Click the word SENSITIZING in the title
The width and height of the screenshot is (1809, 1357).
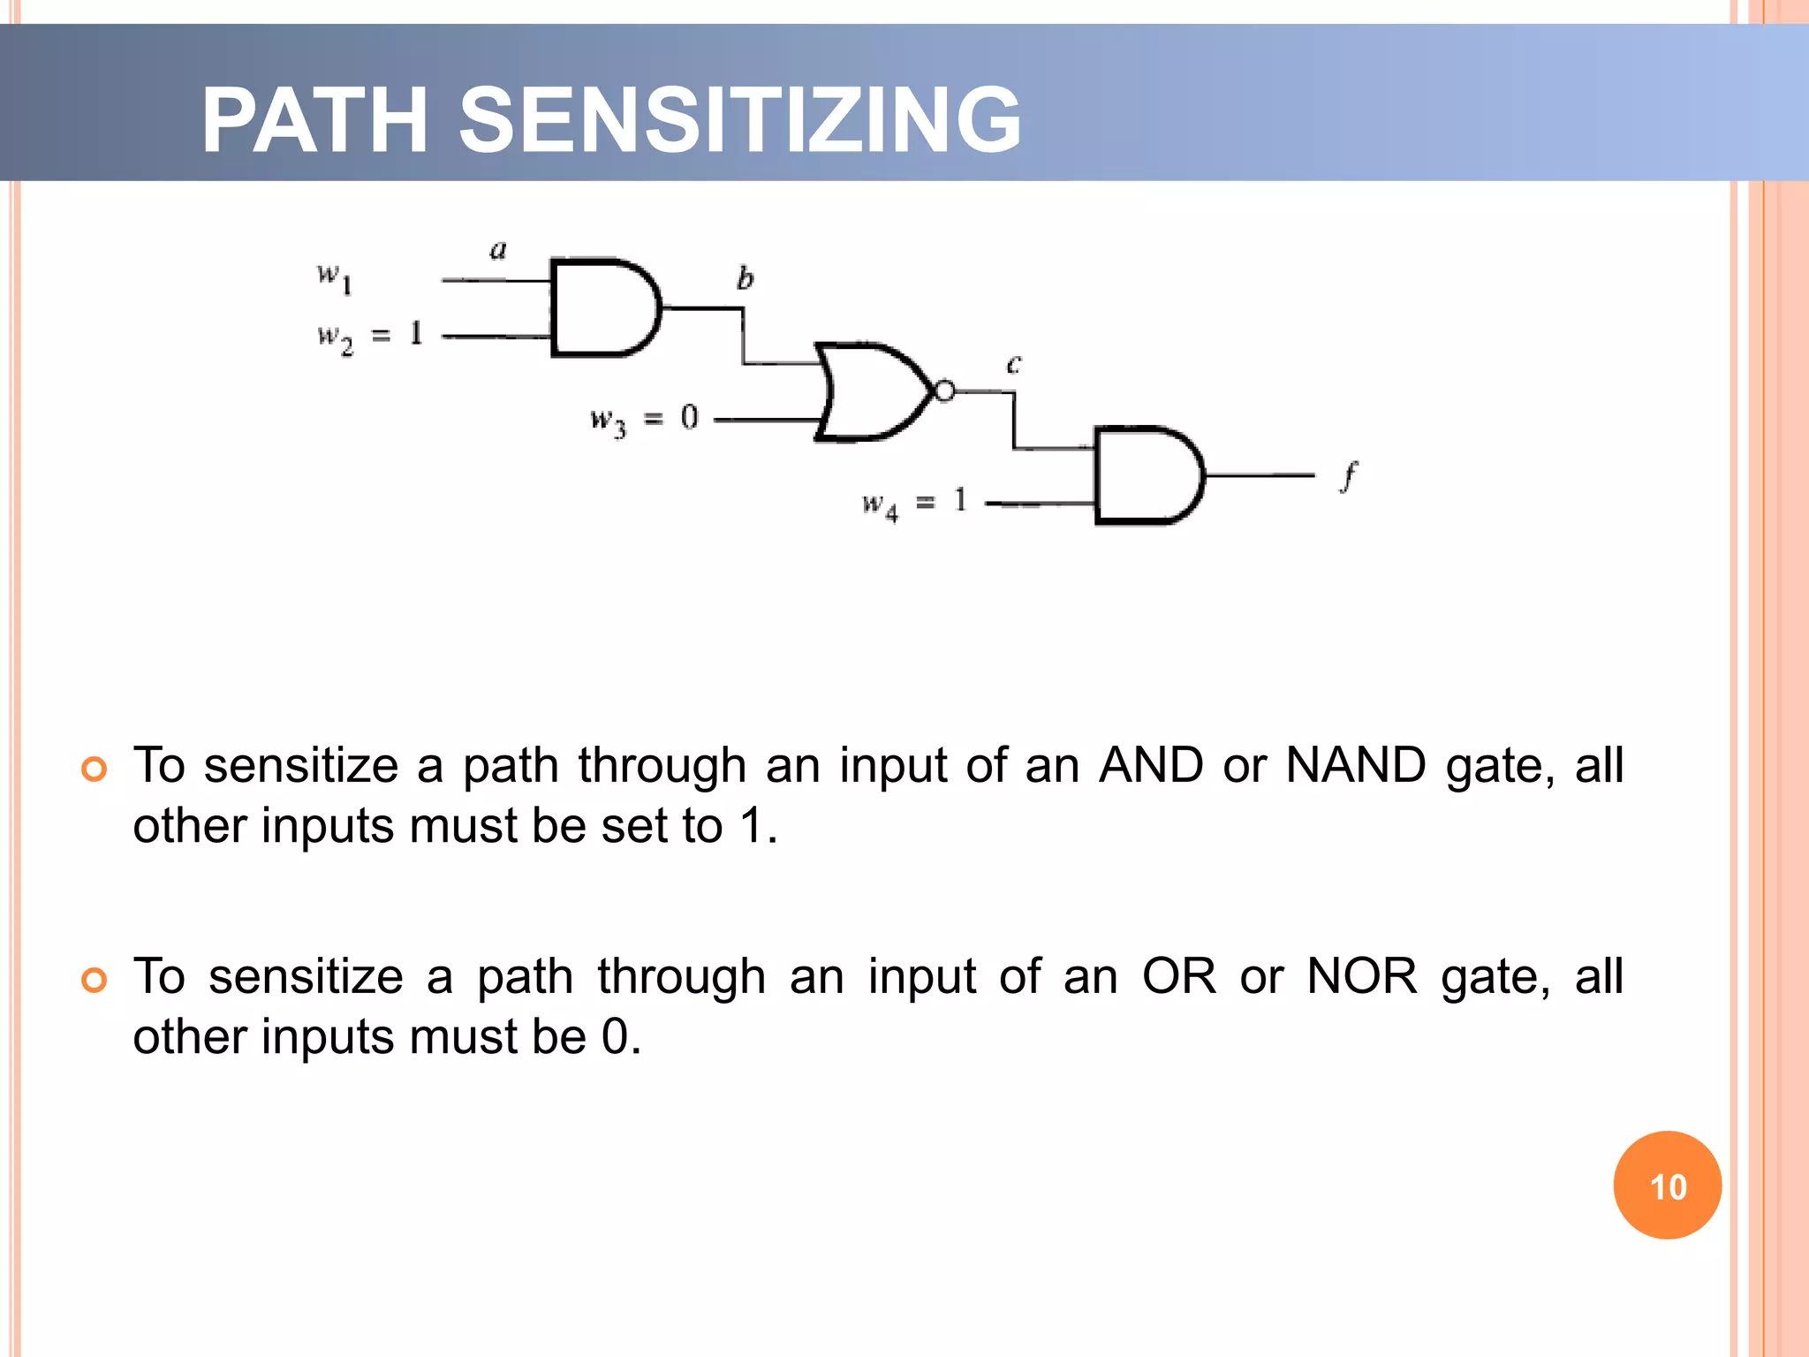740,120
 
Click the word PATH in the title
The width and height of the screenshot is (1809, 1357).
314,120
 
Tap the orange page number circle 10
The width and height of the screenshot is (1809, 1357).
1667,1185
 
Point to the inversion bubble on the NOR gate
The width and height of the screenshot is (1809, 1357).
944,390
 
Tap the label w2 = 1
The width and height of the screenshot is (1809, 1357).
370,337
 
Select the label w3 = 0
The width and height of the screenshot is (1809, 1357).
644,419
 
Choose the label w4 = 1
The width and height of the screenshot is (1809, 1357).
915,504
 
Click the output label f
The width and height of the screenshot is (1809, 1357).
1348,477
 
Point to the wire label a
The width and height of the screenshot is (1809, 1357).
498,250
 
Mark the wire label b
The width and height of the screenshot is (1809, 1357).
745,278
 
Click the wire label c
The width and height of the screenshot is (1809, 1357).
1014,363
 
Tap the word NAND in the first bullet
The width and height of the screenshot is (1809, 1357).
1355,765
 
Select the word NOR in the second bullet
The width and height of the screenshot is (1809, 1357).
1361,977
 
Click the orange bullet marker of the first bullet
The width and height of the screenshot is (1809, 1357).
94,769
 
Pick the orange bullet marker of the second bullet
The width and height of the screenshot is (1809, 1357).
94,980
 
